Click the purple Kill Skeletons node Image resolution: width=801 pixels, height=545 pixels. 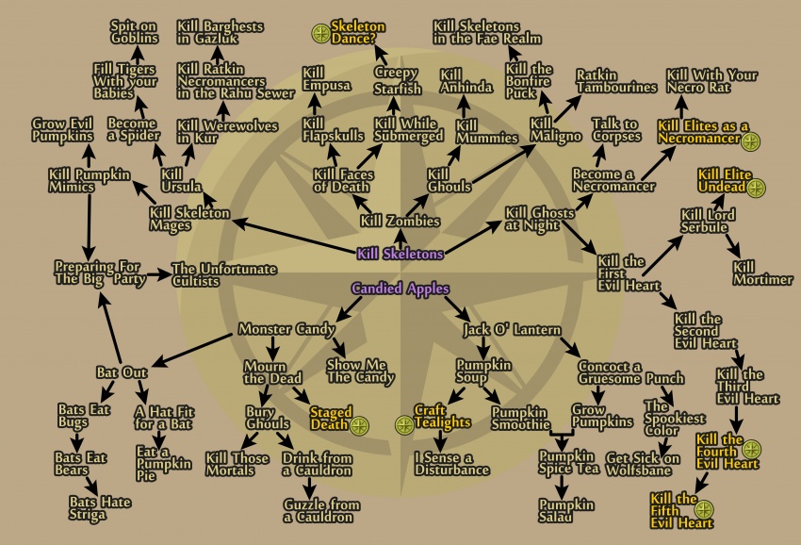(400, 254)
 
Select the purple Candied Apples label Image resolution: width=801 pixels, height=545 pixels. (400, 289)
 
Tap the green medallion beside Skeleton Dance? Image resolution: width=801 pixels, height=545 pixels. (320, 33)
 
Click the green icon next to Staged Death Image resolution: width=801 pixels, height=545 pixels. (359, 425)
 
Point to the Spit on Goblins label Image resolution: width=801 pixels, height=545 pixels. (135, 32)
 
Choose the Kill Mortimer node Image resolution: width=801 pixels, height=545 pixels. (762, 273)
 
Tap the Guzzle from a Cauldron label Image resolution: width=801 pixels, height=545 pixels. (322, 511)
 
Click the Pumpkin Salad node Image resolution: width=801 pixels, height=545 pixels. (566, 511)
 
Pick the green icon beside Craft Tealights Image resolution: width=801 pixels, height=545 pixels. (404, 425)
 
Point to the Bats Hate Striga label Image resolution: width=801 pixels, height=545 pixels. (100, 508)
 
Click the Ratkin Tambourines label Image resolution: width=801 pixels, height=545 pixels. (616, 82)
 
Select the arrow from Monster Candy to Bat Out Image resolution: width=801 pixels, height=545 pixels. (192, 350)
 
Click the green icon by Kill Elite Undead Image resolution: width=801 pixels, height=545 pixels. (756, 189)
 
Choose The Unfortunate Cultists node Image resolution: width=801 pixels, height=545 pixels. (224, 274)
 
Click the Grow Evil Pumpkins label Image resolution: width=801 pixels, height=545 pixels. (62, 130)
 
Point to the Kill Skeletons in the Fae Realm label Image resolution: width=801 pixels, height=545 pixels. (487, 32)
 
